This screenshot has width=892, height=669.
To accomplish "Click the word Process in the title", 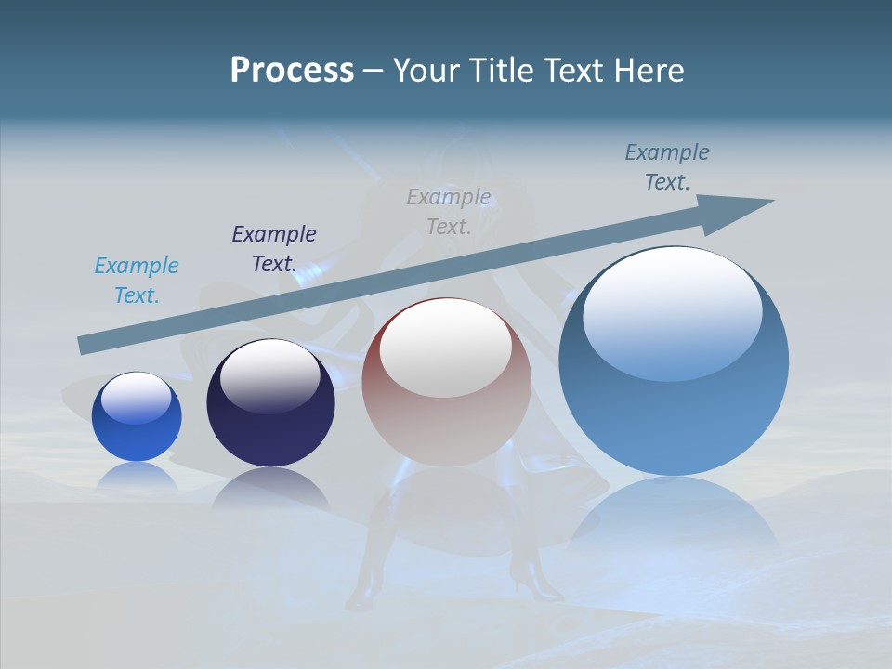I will [292, 71].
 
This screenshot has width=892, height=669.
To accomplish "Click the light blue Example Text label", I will [137, 280].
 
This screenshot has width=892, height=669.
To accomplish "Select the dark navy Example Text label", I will [274, 248].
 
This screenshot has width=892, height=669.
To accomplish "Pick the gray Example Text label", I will [449, 211].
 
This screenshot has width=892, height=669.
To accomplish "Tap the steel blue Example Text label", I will [667, 166].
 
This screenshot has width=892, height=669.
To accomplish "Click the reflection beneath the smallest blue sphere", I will [136, 475].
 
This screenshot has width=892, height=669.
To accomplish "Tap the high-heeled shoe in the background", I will [533, 581].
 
